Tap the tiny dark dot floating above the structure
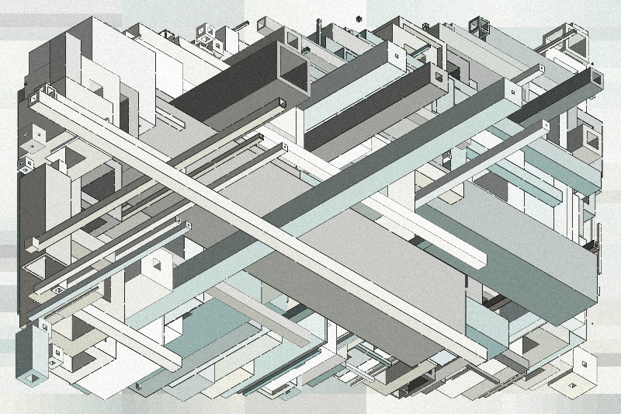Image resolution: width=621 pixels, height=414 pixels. click(359, 18)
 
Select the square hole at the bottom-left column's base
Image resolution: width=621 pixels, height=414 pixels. click(32, 378)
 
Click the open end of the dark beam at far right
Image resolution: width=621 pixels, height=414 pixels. click(596, 75)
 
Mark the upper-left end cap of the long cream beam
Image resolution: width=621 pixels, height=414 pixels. click(34, 99)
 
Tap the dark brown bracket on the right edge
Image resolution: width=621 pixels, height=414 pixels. click(596, 241)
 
